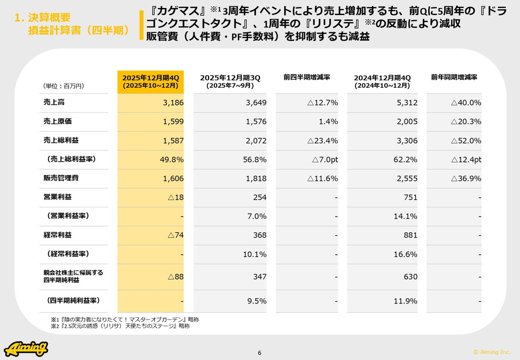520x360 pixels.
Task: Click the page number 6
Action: point(259,353)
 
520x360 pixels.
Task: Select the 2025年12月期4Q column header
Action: point(151,81)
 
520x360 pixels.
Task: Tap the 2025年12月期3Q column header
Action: point(231,81)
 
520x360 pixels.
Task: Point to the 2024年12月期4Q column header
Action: point(382,81)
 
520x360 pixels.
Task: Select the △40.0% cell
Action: point(466,103)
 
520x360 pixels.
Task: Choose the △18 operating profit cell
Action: point(176,197)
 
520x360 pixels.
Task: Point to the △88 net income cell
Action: point(176,277)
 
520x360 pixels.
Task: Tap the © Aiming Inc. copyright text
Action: point(492,351)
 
